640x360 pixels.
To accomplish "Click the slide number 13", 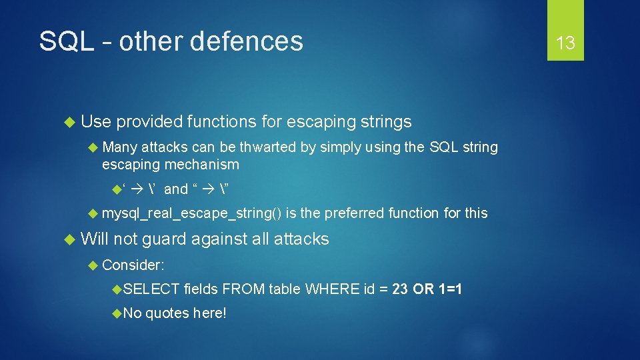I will coord(565,43).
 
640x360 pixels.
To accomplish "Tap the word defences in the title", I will coord(246,41).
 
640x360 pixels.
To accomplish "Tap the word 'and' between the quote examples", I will coord(176,189).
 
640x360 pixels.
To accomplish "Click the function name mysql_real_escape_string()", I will coord(191,213).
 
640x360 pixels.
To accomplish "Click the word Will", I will coord(95,239).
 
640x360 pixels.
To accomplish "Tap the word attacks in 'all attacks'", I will coord(301,239).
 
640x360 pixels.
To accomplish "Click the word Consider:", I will coord(133,265).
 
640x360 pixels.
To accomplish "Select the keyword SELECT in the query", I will coord(151,289).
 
